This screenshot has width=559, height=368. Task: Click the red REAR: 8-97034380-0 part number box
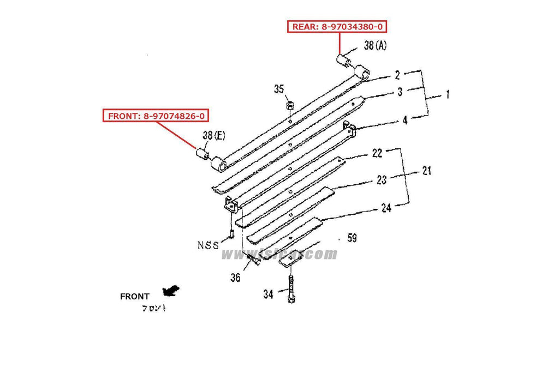tap(340, 26)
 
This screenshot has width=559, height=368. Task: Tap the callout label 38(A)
tap(375, 46)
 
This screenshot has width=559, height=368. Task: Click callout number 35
tap(279, 89)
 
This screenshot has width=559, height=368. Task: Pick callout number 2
tap(398, 75)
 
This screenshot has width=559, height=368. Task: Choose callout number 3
tap(400, 92)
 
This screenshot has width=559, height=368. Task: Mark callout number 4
tap(405, 120)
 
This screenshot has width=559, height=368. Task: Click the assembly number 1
tap(447, 94)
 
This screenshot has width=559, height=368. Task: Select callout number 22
tap(377, 153)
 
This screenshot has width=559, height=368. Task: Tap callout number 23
tap(382, 178)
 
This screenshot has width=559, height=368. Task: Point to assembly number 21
tap(426, 171)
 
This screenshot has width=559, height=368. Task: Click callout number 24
tap(386, 208)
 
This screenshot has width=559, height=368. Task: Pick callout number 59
tap(352, 238)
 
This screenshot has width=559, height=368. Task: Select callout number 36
tap(235, 278)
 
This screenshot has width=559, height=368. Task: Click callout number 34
tap(268, 295)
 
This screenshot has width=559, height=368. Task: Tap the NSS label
tap(208, 245)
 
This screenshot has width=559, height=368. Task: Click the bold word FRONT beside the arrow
tap(134, 297)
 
